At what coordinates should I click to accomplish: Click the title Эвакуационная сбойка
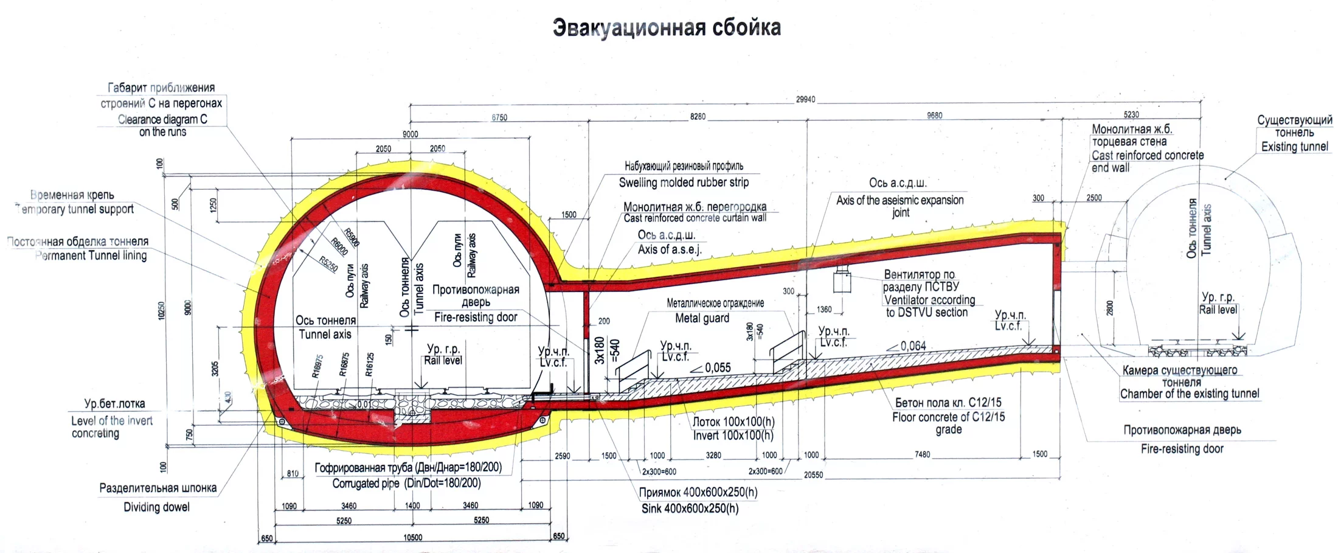tap(667, 28)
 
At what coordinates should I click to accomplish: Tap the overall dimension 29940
tap(805, 100)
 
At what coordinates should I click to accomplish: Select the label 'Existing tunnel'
tap(1294, 147)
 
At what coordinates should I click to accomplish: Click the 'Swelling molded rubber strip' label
tap(684, 182)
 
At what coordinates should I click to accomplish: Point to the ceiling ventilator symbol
tap(843, 280)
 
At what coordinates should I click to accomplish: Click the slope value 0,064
tap(913, 346)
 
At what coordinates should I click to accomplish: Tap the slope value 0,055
tap(718, 368)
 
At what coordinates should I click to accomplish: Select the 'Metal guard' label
tap(702, 318)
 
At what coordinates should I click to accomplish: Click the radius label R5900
tap(352, 237)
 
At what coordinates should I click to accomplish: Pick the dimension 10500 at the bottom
tap(412, 538)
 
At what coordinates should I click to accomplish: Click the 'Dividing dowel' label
tap(156, 507)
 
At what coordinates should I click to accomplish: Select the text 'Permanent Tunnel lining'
tap(91, 256)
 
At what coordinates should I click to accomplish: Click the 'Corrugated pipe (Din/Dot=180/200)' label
tap(406, 484)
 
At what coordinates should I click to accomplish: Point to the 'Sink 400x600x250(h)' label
tap(690, 508)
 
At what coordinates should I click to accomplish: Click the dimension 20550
tap(813, 475)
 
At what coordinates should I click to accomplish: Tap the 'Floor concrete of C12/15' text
tap(948, 417)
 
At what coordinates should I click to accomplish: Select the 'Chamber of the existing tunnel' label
tap(1190, 394)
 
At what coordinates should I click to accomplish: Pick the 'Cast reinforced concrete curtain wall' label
tap(695, 218)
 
